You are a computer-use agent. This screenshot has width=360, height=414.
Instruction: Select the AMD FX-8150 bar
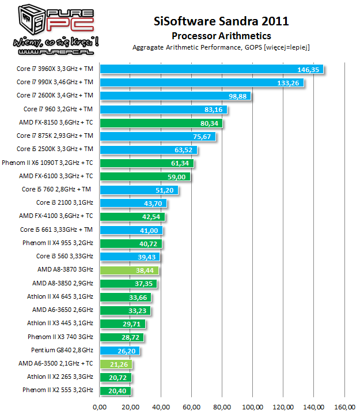click(x=161, y=123)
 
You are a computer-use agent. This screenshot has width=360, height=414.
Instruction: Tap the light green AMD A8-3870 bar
click(x=129, y=270)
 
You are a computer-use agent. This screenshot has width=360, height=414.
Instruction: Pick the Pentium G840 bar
click(x=119, y=351)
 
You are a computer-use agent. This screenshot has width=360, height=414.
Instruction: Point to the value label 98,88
click(x=238, y=96)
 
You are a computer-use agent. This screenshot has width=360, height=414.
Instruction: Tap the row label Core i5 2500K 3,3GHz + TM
click(x=55, y=149)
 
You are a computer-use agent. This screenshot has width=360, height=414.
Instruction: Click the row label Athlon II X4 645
click(x=60, y=297)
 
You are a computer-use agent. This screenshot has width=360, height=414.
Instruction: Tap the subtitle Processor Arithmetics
click(x=221, y=36)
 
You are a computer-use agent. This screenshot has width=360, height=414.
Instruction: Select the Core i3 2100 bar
click(x=133, y=203)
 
